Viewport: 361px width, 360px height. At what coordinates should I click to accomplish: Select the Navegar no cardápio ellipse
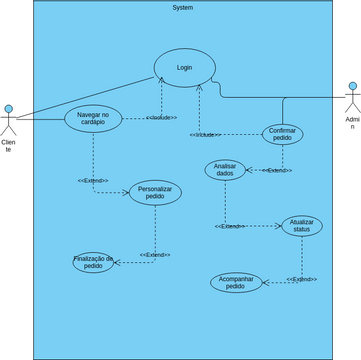tap(93, 119)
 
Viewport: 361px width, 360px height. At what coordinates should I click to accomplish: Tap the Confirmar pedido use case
tap(282, 133)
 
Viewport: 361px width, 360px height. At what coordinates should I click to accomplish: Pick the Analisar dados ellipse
tap(225, 169)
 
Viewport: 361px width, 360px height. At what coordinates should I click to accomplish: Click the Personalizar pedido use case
tap(155, 192)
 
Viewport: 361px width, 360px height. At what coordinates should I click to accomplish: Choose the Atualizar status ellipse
tap(301, 226)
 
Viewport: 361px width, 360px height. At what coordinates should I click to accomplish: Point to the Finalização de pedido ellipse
tap(93, 262)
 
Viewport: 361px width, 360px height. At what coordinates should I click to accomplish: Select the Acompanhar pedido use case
tap(235, 282)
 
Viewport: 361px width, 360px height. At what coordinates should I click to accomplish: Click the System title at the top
tap(183, 7)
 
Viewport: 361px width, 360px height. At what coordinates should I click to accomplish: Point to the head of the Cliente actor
tap(9, 109)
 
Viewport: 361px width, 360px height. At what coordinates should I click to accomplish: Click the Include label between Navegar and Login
tap(161, 118)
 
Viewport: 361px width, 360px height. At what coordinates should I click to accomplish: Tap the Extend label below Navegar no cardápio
tap(93, 180)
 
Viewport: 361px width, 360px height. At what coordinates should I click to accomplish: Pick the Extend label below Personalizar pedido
tap(155, 255)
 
